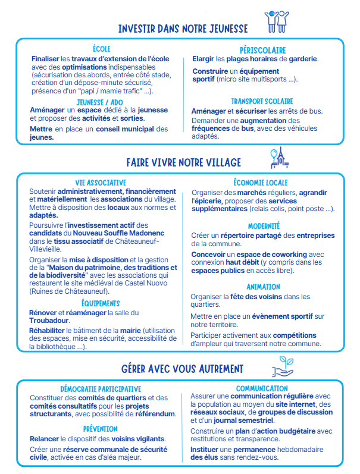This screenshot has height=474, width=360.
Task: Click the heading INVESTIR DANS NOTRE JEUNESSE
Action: tap(183, 29)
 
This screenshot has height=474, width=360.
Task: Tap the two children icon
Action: tap(277, 21)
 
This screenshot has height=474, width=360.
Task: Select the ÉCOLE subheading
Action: tap(102, 49)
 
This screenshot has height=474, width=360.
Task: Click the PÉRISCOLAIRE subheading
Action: tap(262, 51)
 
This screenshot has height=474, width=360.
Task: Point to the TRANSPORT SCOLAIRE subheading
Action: tap(262, 102)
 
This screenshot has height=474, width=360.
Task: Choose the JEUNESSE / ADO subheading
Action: tap(101, 102)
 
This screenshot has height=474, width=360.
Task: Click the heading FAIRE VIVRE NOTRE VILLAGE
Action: tap(183, 162)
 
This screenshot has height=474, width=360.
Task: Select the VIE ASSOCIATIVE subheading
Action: tap(101, 183)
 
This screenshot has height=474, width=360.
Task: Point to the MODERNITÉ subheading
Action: tap(264, 226)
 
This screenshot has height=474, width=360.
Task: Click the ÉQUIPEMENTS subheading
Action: tap(100, 303)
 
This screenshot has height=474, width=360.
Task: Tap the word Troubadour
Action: tap(49, 321)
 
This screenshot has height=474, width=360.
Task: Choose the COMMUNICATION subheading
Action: tap(262, 388)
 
